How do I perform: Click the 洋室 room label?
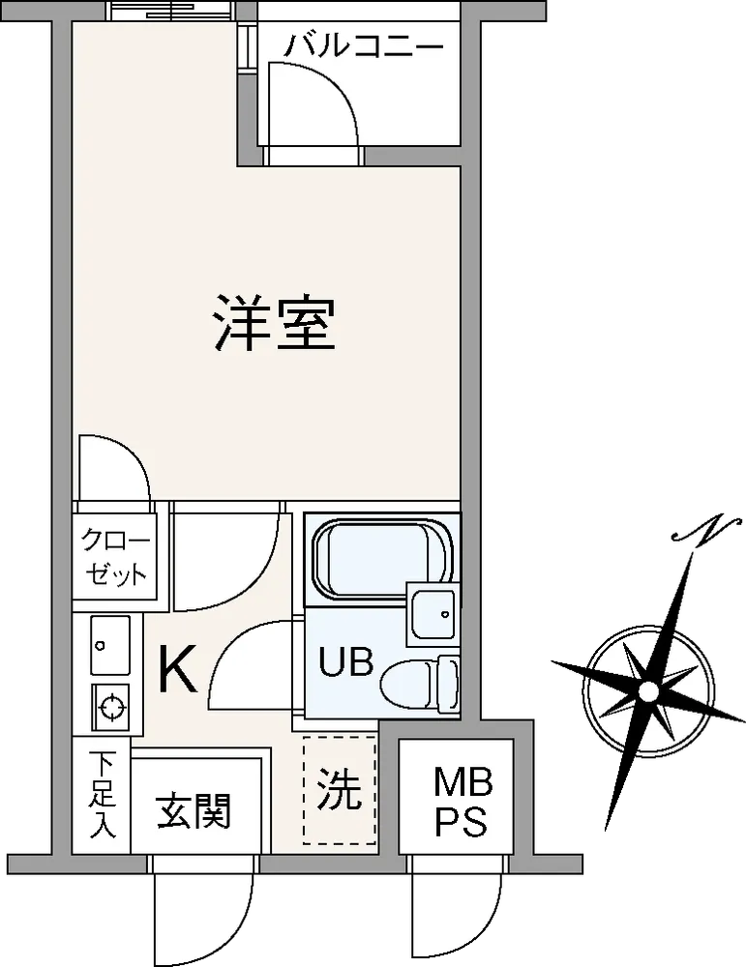click(274, 324)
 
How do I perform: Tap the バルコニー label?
click(364, 46)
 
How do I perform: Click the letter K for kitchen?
click(178, 669)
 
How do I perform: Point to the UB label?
click(346, 661)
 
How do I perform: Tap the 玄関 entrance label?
click(193, 811)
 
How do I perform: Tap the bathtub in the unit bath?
click(382, 559)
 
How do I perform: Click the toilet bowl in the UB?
click(420, 684)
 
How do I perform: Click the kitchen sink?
click(110, 644)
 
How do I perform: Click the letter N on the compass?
click(706, 528)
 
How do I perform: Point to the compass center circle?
click(647, 691)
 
